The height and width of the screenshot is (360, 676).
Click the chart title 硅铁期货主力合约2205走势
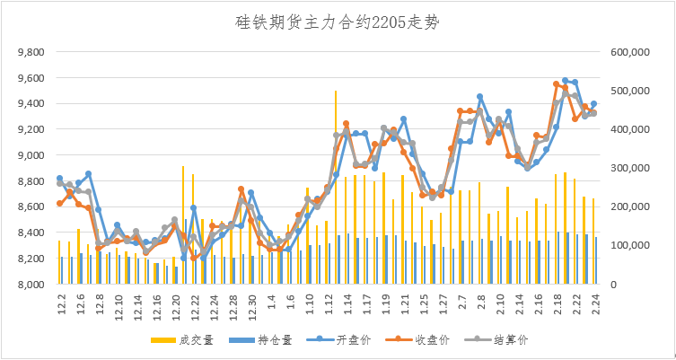tap(338, 21)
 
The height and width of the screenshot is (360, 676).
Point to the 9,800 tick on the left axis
tap(31, 52)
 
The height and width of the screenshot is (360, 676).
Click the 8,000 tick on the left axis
tap(31, 285)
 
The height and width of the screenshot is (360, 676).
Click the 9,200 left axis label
tap(31, 129)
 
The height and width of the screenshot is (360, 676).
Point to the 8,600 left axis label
tap(31, 206)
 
